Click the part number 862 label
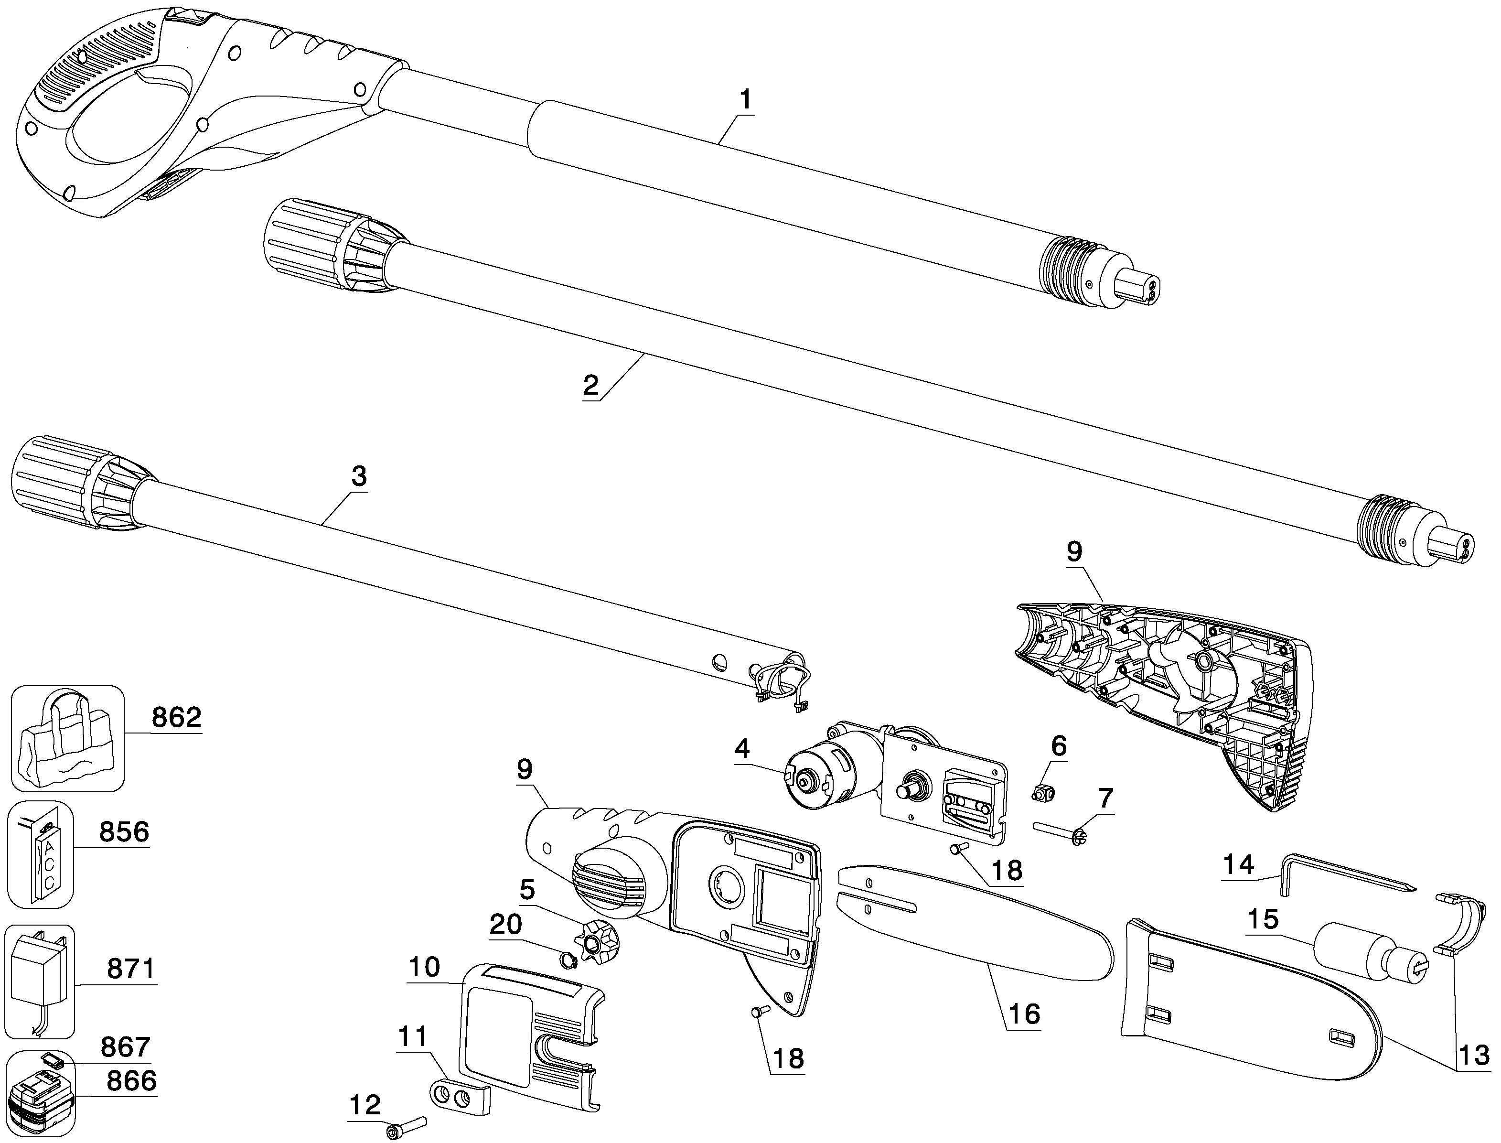tap(176, 718)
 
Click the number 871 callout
tap(131, 968)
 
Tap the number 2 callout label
tap(590, 386)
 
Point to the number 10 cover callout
tap(424, 968)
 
